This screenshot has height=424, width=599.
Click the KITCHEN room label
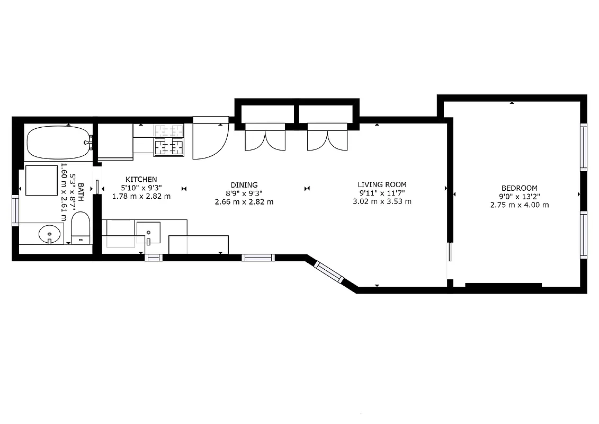141,180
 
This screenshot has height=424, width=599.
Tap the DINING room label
244,185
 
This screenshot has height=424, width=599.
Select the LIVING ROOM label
382,184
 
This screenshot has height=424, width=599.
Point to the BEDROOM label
519,188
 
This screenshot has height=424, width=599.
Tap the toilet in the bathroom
81,228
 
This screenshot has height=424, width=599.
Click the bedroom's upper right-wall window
583,147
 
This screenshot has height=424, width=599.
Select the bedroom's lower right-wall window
583,235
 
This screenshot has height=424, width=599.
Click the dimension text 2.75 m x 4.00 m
519,205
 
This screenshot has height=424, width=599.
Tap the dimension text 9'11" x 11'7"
382,193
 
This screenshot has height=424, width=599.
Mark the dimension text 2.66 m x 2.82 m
244,202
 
